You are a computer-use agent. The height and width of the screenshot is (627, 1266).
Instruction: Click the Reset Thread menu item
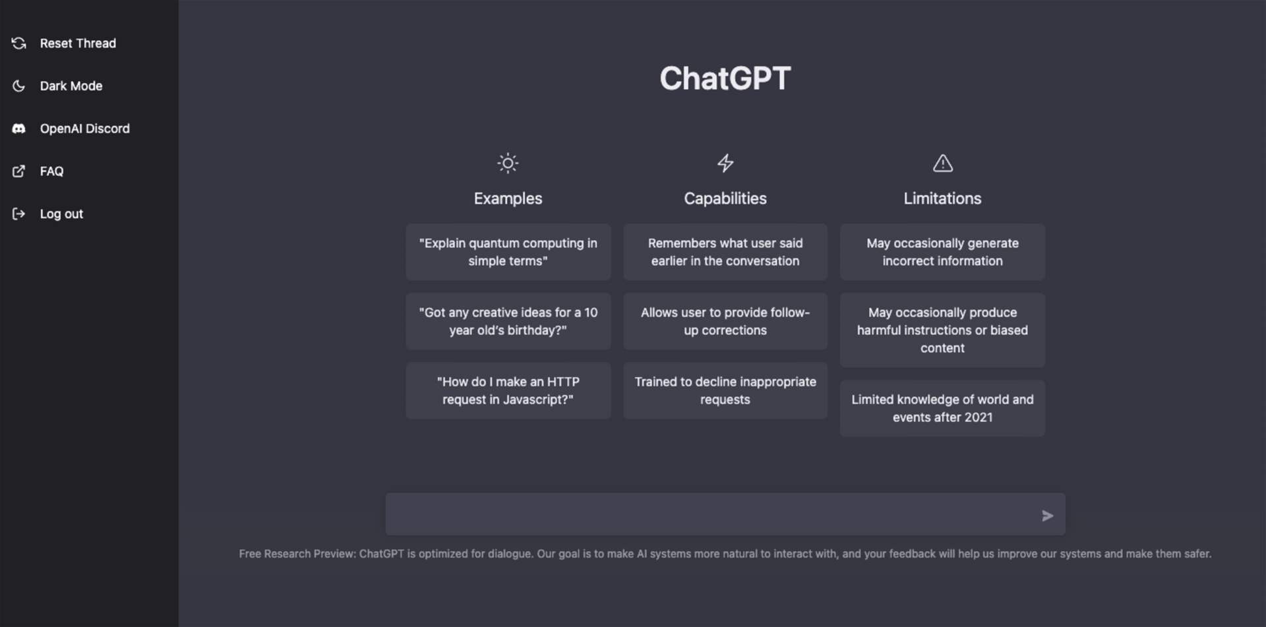coord(77,44)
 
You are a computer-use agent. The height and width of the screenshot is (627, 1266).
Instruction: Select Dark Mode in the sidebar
coord(71,86)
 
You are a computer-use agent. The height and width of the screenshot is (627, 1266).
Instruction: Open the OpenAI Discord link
coord(84,129)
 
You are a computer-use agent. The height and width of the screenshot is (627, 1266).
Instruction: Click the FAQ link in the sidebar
coord(51,171)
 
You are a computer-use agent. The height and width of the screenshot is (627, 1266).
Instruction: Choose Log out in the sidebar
coord(61,214)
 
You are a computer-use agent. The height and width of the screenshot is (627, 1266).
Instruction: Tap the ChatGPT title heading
coord(725,78)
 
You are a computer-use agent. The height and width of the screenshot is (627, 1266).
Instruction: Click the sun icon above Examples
coord(508,163)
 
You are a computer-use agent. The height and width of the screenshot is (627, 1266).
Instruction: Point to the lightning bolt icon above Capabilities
coord(725,163)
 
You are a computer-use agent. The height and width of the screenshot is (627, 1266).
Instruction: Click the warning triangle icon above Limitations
coord(942,163)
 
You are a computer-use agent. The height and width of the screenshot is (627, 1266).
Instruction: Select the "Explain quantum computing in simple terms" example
coord(508,252)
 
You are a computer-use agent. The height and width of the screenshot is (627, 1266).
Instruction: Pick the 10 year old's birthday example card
coord(508,321)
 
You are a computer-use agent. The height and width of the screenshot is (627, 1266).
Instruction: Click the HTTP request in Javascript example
coord(508,390)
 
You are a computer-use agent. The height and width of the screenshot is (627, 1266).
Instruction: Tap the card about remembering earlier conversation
coord(725,252)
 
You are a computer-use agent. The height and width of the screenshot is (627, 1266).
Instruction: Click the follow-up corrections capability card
coord(725,321)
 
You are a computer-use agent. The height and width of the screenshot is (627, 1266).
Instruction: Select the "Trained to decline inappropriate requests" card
coord(725,390)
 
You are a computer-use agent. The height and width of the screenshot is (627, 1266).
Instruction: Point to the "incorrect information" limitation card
coord(942,252)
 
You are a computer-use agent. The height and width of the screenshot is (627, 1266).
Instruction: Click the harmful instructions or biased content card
coord(942,330)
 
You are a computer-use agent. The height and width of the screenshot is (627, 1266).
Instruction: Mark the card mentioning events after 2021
coord(942,408)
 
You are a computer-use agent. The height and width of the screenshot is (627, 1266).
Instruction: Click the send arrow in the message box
coord(1047,516)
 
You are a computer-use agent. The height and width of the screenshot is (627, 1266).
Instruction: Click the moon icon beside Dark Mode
coord(19,86)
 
